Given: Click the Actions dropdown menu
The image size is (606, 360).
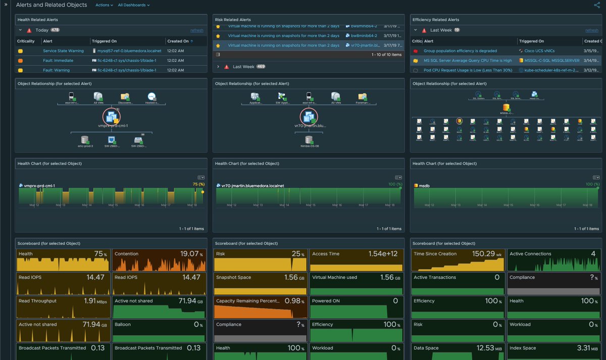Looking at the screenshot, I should (104, 5).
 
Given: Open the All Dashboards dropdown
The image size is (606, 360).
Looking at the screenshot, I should (133, 5).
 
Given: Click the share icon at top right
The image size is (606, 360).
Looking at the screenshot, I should (597, 5).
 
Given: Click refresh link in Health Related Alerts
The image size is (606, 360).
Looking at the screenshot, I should (197, 30).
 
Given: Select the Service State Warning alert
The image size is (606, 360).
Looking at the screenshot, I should (63, 51).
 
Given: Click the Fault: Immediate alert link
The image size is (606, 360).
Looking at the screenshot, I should (58, 61).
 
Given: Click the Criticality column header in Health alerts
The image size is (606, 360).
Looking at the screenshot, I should (26, 41).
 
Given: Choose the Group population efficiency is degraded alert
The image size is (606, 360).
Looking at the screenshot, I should (460, 51).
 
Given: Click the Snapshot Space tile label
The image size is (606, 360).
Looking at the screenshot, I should (233, 277).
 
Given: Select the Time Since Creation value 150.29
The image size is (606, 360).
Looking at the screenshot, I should (483, 254).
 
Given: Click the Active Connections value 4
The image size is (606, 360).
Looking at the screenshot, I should (594, 254).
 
